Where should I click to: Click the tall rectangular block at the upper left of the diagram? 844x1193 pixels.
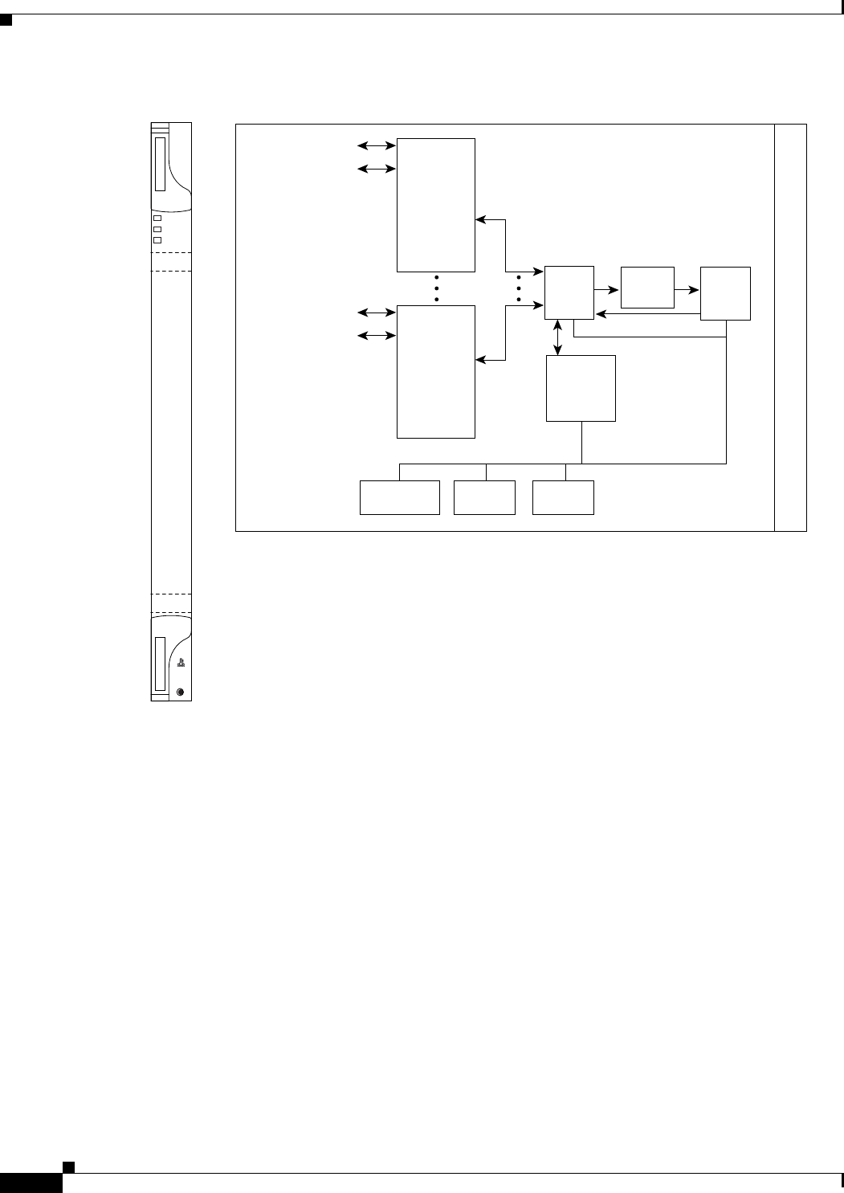tap(436, 205)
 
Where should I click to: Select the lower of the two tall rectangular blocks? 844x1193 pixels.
tap(436, 371)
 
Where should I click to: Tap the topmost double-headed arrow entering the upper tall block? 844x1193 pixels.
tap(377, 145)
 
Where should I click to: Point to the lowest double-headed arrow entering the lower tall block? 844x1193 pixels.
tap(377, 334)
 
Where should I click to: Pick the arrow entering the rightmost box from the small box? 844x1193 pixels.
tap(687, 288)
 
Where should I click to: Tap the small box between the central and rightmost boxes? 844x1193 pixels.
tap(647, 288)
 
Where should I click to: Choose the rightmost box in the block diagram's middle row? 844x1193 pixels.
tap(725, 293)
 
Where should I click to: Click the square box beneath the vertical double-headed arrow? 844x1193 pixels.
tap(581, 388)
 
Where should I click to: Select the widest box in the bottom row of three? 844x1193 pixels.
tap(400, 497)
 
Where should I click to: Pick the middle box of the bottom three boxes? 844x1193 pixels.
tap(484, 497)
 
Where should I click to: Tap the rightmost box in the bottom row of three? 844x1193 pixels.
tap(563, 497)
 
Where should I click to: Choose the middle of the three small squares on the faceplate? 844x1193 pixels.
tap(157, 229)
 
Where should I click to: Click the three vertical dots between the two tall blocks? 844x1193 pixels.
tap(437, 288)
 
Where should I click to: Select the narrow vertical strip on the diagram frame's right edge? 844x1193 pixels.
tap(790, 328)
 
